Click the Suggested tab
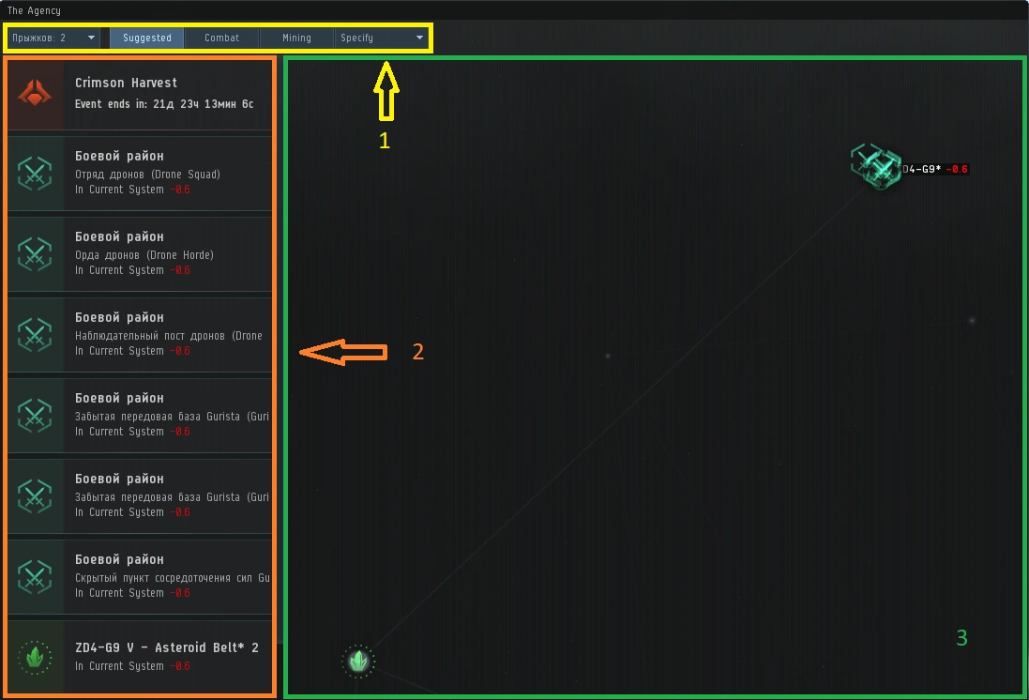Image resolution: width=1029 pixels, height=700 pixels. tap(146, 38)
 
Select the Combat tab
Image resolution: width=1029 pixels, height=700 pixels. tap(221, 38)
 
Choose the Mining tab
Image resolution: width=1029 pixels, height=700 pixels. tap(296, 38)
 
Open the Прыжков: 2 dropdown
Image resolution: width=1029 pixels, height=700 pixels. tap(53, 38)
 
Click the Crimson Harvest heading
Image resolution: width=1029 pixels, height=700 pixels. tap(126, 83)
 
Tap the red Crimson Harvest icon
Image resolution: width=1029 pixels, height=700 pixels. tap(35, 94)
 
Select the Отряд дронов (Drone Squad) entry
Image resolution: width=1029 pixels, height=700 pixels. tap(147, 175)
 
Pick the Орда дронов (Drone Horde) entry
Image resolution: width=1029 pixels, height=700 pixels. tap(144, 255)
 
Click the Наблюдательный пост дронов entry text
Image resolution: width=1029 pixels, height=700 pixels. tap(169, 336)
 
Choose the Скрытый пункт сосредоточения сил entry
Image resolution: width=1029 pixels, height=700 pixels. tap(172, 578)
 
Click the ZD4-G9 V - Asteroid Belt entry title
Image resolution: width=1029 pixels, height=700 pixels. tap(166, 647)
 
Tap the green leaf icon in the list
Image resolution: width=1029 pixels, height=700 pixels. tap(35, 657)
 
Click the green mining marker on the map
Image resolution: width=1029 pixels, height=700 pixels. tap(357, 662)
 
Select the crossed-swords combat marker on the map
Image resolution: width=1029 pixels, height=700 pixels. tap(876, 167)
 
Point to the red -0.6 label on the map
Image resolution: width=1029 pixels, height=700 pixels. tap(957, 170)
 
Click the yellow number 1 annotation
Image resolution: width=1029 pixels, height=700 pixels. tap(384, 142)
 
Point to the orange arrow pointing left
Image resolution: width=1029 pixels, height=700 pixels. tap(342, 352)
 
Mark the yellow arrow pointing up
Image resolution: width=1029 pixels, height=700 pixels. tap(386, 92)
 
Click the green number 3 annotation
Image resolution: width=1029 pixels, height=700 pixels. tap(961, 638)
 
